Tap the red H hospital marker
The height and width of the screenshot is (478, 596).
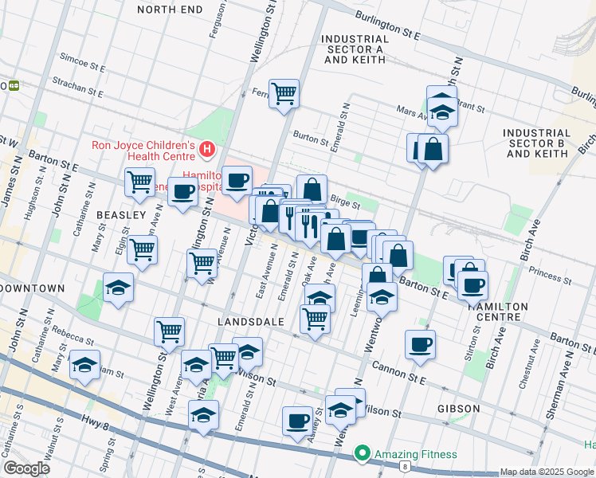coord(207,149)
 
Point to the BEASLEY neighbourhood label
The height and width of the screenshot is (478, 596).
coord(121,216)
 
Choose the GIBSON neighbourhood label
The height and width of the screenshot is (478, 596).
coord(458,409)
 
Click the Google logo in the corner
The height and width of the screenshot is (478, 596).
coord(26,468)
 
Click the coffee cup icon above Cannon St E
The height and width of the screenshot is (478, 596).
coord(420,344)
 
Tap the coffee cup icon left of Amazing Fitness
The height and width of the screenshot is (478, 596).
coord(297,420)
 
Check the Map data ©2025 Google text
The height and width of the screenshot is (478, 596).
coord(547,472)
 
